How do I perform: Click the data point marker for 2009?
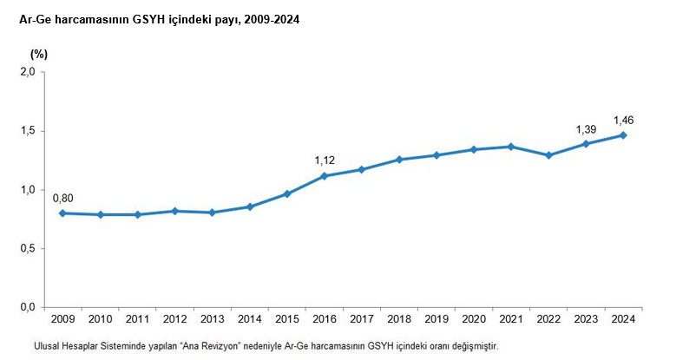[x=62, y=213]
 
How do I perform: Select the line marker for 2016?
[x=325, y=176]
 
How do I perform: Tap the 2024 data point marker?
[x=623, y=135]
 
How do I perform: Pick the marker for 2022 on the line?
[x=548, y=155]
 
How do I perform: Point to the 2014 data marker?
[x=250, y=206]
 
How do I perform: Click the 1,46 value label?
[x=625, y=120]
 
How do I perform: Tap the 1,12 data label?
[x=325, y=160]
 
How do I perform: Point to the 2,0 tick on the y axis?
[x=27, y=72]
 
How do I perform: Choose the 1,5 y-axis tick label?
[x=27, y=131]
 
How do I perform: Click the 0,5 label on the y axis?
[x=27, y=249]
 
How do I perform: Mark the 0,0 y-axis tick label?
[x=27, y=308]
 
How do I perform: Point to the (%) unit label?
[x=39, y=54]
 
